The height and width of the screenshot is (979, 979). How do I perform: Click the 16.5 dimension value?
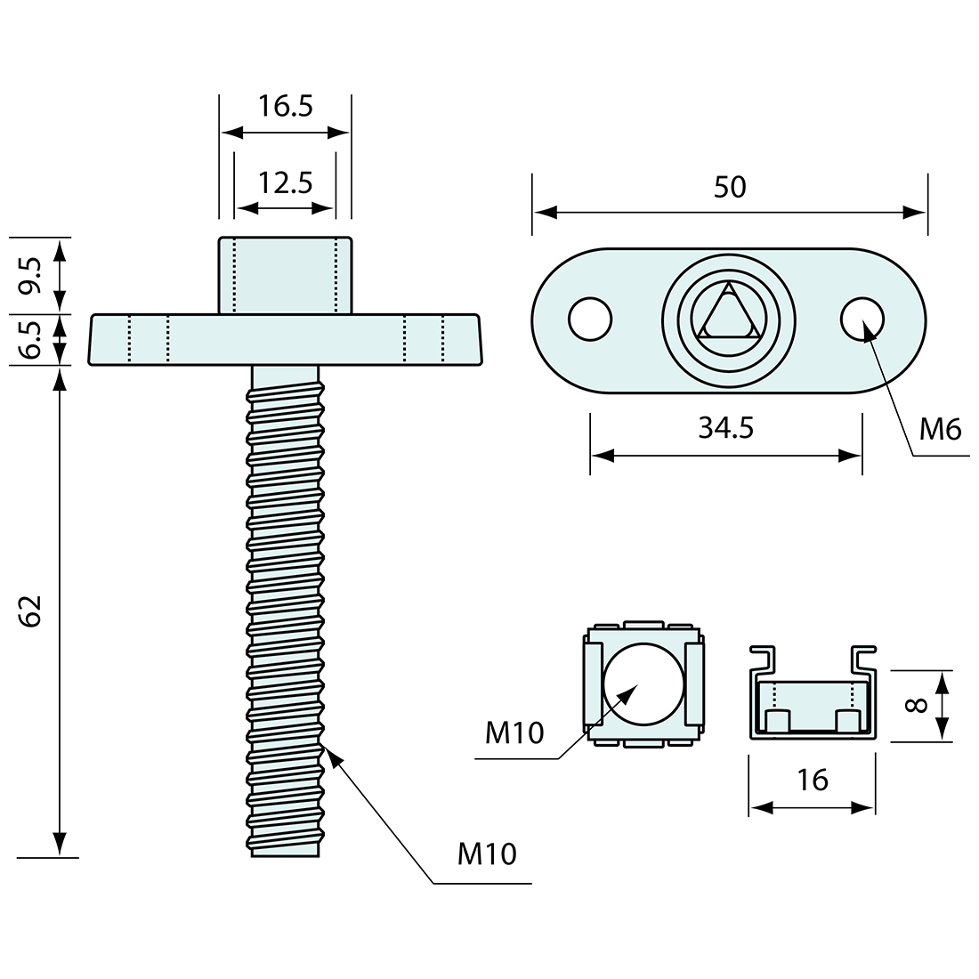point(286,107)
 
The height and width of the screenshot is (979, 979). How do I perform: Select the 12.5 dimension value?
point(286,184)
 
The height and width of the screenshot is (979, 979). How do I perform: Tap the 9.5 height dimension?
point(32,275)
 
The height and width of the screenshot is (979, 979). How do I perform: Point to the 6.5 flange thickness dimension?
point(32,339)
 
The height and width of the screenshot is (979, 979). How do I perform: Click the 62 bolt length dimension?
point(32,611)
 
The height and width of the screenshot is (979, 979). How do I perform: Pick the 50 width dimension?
point(730,187)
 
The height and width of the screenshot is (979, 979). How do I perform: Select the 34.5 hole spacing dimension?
point(725,427)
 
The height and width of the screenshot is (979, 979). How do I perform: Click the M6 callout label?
point(941,430)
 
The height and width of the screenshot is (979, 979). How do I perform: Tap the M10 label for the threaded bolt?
point(487,854)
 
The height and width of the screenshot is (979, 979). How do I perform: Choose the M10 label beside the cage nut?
point(514,733)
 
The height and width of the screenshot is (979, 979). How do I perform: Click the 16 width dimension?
point(813,780)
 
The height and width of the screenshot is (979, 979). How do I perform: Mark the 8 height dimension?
point(918,706)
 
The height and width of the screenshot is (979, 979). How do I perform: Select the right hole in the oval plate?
point(862,319)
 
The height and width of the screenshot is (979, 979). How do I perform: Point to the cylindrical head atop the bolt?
point(285,274)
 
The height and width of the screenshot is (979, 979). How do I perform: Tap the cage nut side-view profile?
point(812,703)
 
